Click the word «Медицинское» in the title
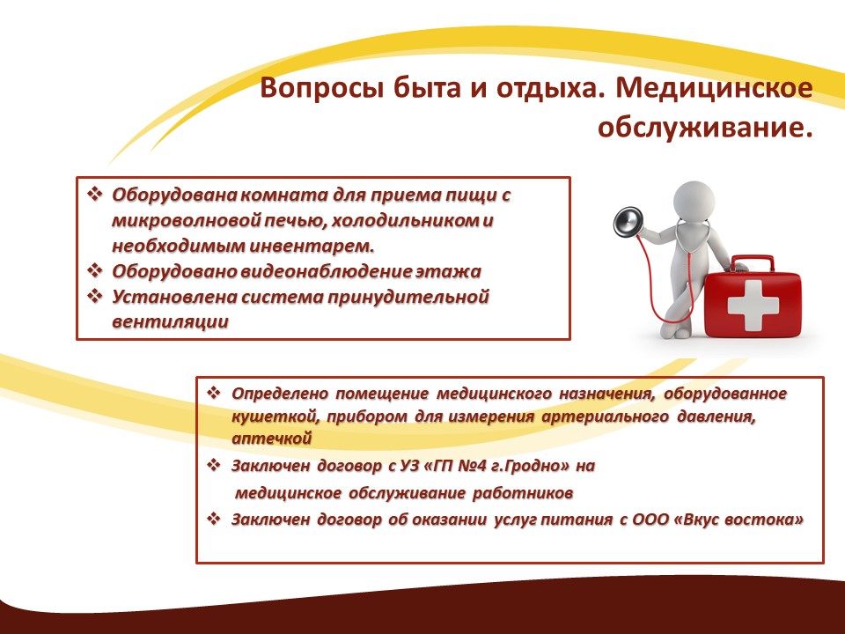(714, 88)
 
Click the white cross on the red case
(753, 306)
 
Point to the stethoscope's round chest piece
(628, 222)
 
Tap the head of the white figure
(694, 200)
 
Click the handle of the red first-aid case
(753, 263)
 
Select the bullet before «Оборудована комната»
(95, 194)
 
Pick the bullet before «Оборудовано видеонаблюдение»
(95, 270)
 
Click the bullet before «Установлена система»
(95, 296)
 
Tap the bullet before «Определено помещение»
(214, 393)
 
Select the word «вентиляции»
(170, 322)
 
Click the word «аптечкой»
(272, 439)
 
